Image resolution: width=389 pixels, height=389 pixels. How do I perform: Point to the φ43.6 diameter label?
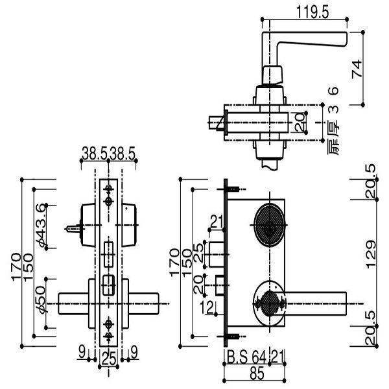[x=42, y=222]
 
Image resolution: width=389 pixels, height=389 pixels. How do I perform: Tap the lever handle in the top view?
[x=311, y=44]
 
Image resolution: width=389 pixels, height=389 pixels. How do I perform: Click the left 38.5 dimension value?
[x=95, y=156]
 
